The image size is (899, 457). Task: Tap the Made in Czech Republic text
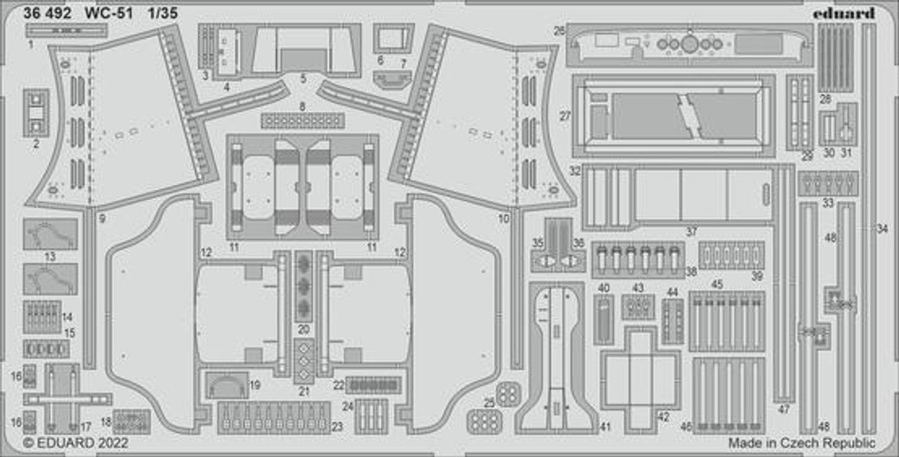[801, 443]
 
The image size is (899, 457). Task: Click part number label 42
[663, 417]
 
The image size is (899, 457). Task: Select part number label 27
[565, 117]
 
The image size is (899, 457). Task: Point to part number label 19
[255, 385]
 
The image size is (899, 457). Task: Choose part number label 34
[882, 228]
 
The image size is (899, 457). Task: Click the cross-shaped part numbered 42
[640, 378]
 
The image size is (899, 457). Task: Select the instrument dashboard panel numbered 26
[688, 45]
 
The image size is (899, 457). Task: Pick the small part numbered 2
[36, 113]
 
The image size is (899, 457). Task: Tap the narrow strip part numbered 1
[67, 30]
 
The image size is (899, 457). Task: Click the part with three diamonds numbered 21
[304, 361]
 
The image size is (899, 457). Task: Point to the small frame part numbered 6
[393, 37]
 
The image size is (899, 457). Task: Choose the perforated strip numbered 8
[303, 120]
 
